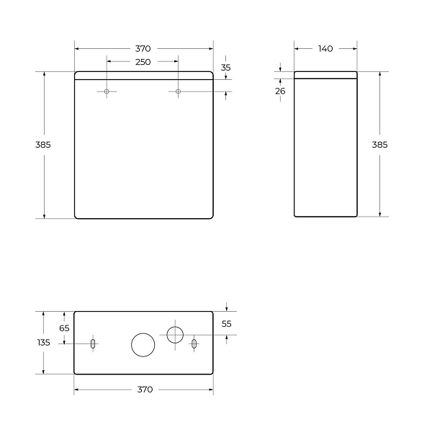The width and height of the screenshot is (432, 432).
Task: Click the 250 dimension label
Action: click(143, 62)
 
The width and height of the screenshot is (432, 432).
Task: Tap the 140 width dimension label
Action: click(325, 49)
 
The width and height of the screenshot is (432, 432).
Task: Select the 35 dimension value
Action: click(225, 68)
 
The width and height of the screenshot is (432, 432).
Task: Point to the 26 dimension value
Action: click(280, 91)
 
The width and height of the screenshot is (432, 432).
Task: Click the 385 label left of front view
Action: click(43, 145)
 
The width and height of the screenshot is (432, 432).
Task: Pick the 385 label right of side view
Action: click(379, 145)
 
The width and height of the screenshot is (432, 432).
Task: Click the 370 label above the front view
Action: click(143, 49)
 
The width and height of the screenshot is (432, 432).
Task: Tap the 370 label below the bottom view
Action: click(145, 390)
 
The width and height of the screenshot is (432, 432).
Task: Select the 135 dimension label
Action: click(43, 343)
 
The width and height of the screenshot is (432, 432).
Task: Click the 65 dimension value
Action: click(64, 328)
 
